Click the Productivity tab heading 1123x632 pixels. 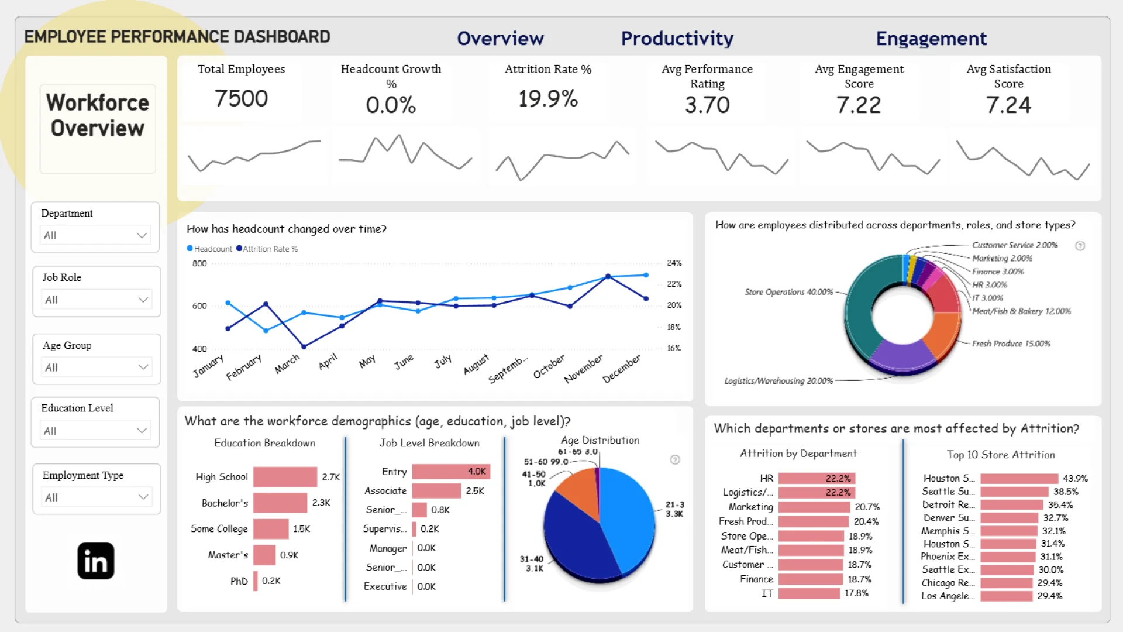click(677, 39)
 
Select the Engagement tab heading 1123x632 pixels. click(931, 39)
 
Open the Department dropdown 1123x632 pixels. click(95, 235)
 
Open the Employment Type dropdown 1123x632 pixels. click(97, 497)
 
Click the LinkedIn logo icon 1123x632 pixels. click(96, 561)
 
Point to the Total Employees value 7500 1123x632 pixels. click(241, 98)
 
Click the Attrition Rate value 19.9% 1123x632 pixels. click(548, 98)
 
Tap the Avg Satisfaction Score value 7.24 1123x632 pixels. click(1008, 105)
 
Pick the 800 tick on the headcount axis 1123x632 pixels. click(199, 263)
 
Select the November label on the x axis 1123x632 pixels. click(583, 369)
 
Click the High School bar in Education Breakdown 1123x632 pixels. click(285, 477)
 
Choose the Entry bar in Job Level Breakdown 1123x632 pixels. click(450, 472)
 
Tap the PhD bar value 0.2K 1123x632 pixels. click(271, 581)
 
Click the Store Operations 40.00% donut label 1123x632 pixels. click(788, 292)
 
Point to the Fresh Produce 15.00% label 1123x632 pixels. click(1011, 344)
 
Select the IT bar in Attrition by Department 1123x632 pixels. click(809, 593)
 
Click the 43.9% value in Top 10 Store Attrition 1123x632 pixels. click(1075, 479)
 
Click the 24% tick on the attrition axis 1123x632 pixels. click(674, 263)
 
